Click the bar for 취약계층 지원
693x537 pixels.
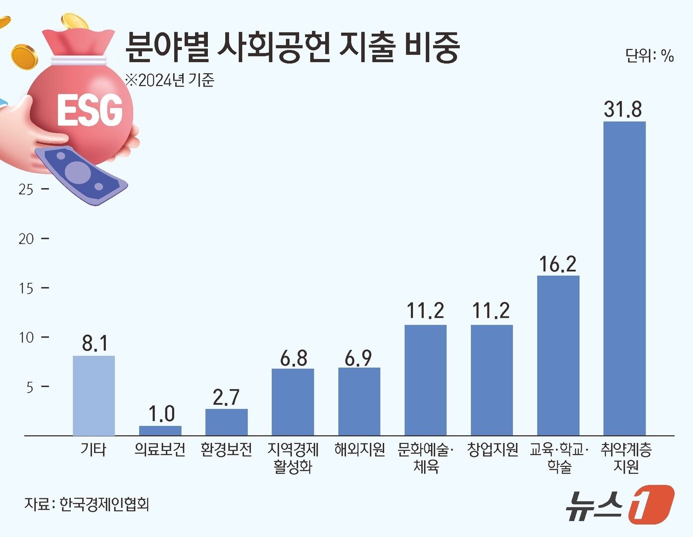(624, 278)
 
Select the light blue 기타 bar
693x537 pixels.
(94, 395)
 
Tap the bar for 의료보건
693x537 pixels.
(160, 431)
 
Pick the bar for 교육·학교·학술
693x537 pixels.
(558, 355)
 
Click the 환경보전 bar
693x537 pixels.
(226, 422)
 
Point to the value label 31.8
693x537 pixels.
(623, 109)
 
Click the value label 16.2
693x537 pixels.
(557, 264)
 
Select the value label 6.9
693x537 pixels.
(358, 358)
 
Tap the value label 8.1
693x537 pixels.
(94, 343)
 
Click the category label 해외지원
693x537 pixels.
(359, 449)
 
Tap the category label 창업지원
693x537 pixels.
(493, 449)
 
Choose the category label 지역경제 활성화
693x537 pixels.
(293, 458)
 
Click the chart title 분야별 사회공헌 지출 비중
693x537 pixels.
(292, 47)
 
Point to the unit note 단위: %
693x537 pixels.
(649, 55)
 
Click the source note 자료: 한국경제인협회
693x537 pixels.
(87, 504)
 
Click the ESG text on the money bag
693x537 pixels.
(90, 109)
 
